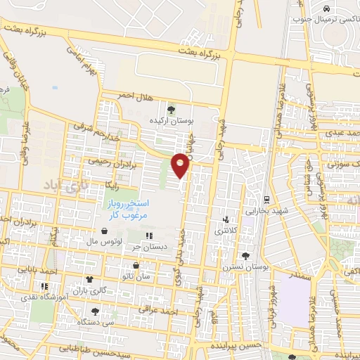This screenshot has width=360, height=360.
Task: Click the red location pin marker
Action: click(x=181, y=164)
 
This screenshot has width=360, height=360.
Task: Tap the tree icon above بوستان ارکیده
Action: click(x=171, y=108)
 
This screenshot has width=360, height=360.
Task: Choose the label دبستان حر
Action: click(x=148, y=247)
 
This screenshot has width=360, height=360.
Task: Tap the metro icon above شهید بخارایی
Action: click(x=266, y=199)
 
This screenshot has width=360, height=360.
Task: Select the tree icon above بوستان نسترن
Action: click(x=244, y=256)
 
